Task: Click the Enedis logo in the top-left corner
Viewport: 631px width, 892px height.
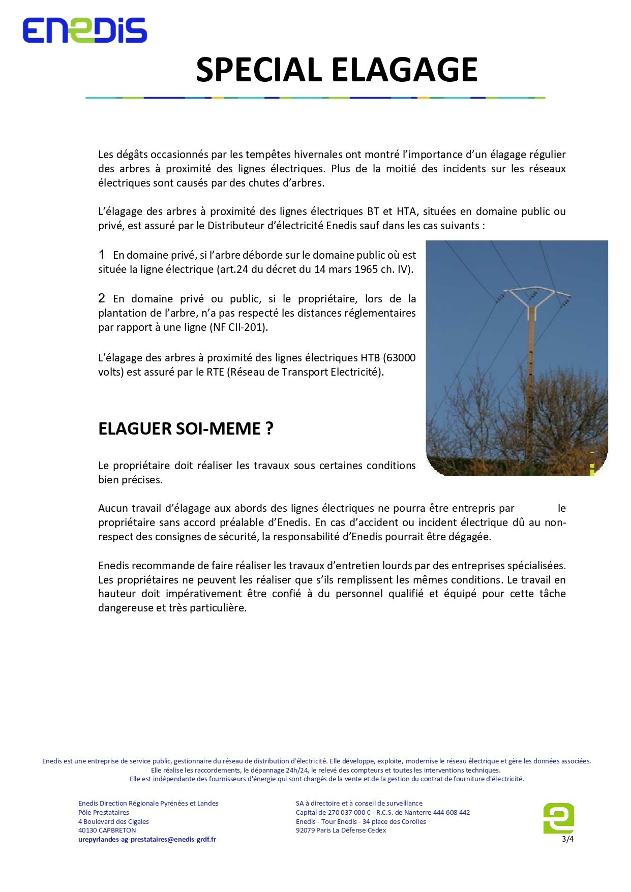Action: [84, 30]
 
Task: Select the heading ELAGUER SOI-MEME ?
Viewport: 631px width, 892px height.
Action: [186, 429]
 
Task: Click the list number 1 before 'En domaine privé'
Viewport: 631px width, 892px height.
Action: [102, 255]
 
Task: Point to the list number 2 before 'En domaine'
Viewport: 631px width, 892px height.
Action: [102, 298]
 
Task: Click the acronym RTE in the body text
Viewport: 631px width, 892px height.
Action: [215, 372]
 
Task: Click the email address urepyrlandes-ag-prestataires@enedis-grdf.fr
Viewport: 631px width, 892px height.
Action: [147, 839]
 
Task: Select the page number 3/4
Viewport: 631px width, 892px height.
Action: [567, 839]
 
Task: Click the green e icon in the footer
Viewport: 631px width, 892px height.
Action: [558, 818]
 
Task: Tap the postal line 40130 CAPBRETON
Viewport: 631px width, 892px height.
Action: [107, 830]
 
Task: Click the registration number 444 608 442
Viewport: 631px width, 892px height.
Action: [451, 812]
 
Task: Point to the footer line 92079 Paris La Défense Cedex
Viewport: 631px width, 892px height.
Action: [341, 830]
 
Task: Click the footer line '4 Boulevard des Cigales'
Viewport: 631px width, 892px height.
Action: [113, 821]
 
